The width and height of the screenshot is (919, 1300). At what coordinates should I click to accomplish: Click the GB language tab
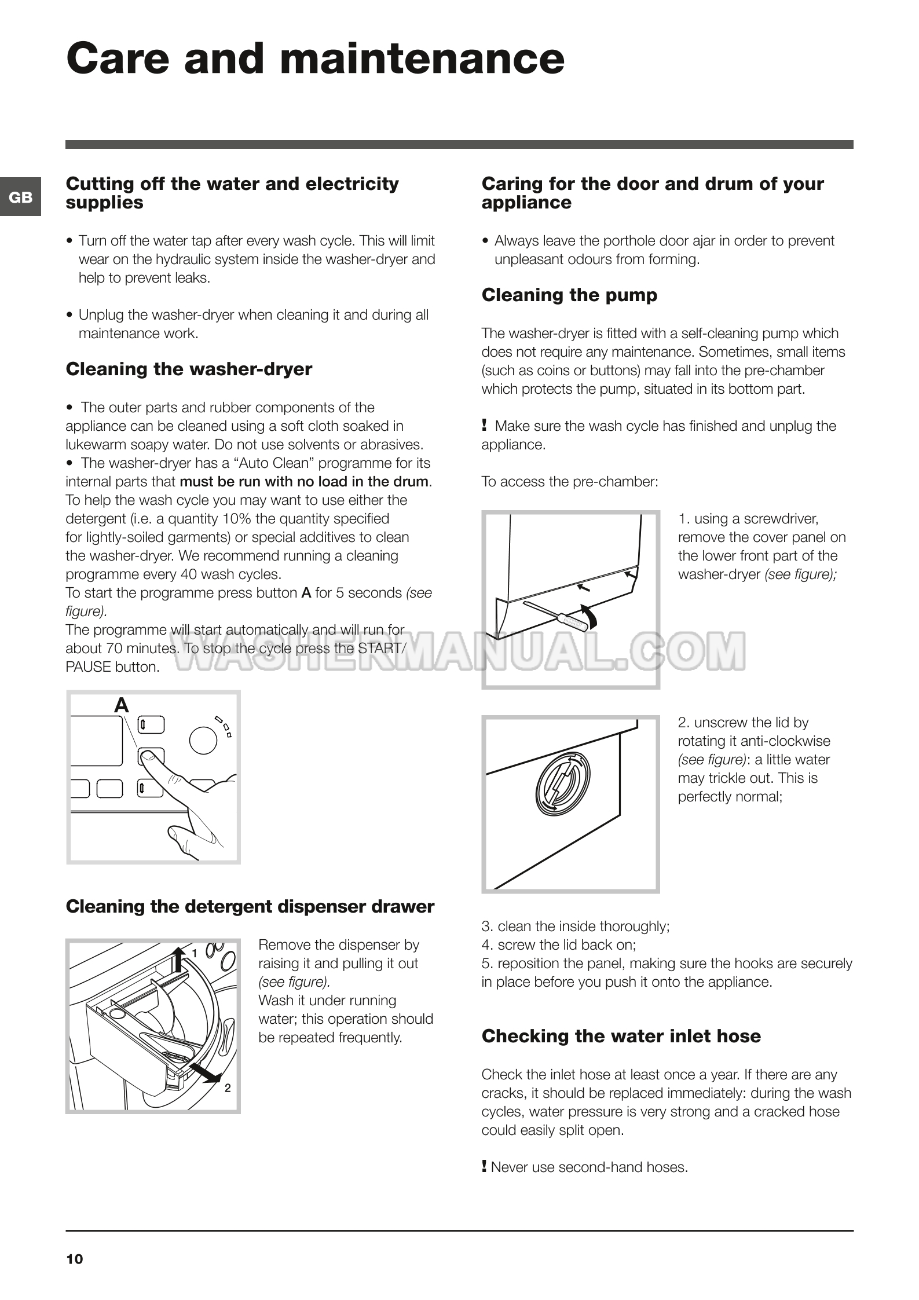[x=21, y=197]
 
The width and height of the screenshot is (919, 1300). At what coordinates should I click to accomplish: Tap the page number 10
[x=75, y=1259]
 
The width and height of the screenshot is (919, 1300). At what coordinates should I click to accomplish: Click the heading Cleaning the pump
[x=569, y=295]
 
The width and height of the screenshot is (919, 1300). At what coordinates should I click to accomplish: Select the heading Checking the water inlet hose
[x=621, y=1036]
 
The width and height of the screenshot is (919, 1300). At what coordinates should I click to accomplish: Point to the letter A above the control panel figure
[x=121, y=705]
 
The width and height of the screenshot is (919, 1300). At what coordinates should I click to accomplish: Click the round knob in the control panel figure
[x=203, y=740]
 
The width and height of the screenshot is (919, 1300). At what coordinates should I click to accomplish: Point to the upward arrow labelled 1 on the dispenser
[x=179, y=960]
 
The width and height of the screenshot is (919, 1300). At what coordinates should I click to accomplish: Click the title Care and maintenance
[x=315, y=59]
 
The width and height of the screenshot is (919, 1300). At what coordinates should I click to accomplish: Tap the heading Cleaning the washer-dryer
[x=189, y=369]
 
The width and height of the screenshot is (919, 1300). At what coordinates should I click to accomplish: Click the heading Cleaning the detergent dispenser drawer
[x=250, y=907]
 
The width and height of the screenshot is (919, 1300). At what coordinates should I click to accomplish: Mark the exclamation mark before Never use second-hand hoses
[x=484, y=1166]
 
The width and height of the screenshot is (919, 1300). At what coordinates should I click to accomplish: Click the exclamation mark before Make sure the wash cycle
[x=484, y=426]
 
